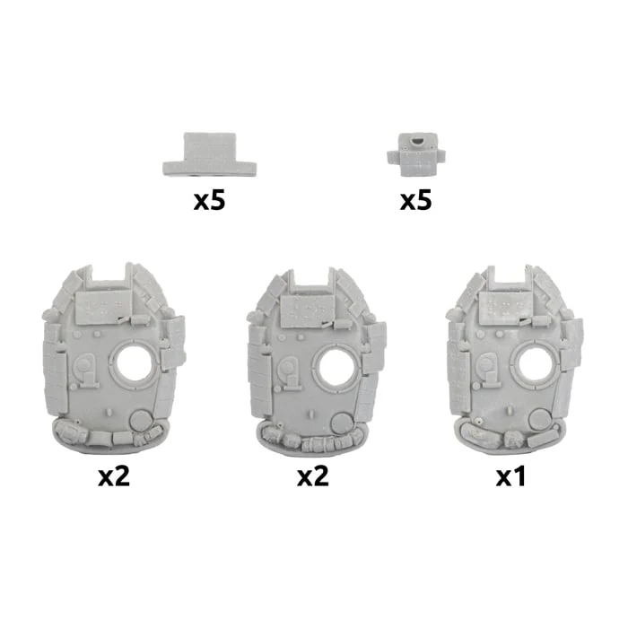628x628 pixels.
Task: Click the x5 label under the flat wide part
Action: [209, 200]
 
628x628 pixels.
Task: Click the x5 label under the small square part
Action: [415, 200]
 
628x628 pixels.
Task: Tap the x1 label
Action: [510, 476]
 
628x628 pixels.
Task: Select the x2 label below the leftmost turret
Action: [114, 476]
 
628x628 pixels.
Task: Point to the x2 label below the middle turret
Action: [313, 476]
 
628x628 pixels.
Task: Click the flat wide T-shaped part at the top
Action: [209, 154]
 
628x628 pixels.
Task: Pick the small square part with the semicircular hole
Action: [415, 154]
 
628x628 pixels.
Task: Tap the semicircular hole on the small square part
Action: [416, 141]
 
